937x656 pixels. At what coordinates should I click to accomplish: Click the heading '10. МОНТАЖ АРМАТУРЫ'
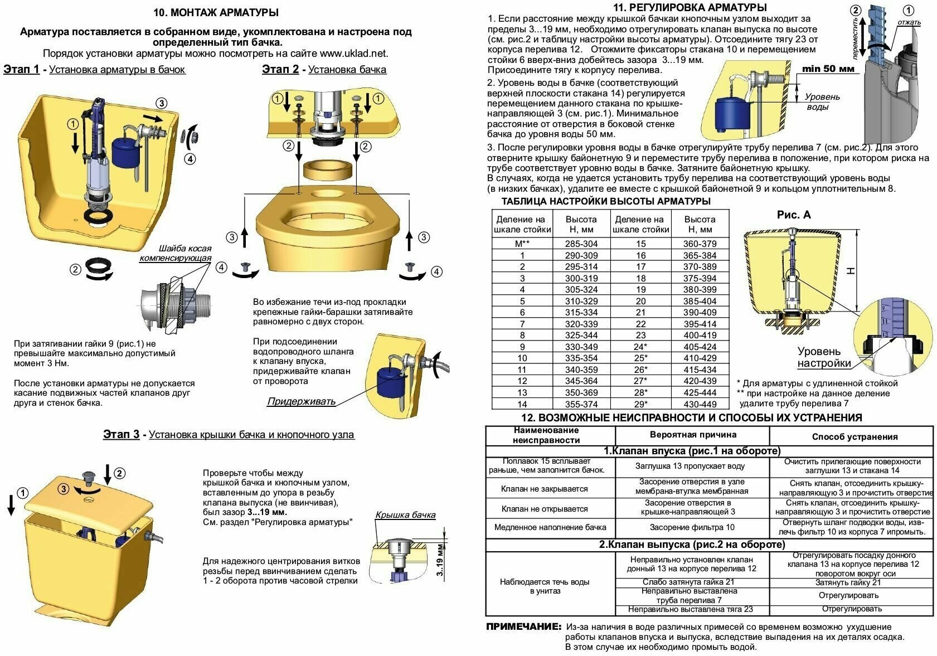pyautogui.click(x=216, y=12)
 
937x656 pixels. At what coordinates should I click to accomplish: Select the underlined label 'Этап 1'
pyautogui.click(x=21, y=69)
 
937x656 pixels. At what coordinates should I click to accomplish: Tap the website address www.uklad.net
pyautogui.click(x=353, y=54)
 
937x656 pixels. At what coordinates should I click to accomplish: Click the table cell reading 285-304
pyautogui.click(x=581, y=244)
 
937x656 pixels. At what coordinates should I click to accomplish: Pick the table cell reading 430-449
pyautogui.click(x=700, y=404)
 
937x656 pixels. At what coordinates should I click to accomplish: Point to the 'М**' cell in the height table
pyautogui.click(x=522, y=244)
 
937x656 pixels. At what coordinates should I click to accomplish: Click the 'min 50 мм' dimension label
pyautogui.click(x=828, y=69)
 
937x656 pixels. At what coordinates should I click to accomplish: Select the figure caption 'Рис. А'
pyautogui.click(x=794, y=215)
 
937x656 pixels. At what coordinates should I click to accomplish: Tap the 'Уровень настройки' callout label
pyautogui.click(x=823, y=357)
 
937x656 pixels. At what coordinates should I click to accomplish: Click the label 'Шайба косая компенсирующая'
pyautogui.click(x=176, y=253)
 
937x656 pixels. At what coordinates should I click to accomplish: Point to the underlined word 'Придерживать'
pyautogui.click(x=301, y=401)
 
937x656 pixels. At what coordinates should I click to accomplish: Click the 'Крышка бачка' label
pyautogui.click(x=405, y=515)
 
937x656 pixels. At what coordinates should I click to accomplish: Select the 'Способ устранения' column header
pyautogui.click(x=855, y=436)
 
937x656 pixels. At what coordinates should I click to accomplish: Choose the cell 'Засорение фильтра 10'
pyautogui.click(x=692, y=527)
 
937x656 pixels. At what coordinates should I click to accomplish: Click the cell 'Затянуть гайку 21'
pyautogui.click(x=851, y=582)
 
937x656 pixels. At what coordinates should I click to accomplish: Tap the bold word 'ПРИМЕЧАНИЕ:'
pyautogui.click(x=523, y=627)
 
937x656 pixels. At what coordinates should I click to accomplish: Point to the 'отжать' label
pyautogui.click(x=909, y=22)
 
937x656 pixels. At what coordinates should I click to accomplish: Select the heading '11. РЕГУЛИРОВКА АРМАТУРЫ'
pyautogui.click(x=690, y=8)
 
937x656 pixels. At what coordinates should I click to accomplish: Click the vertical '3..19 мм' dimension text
pyautogui.click(x=440, y=560)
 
